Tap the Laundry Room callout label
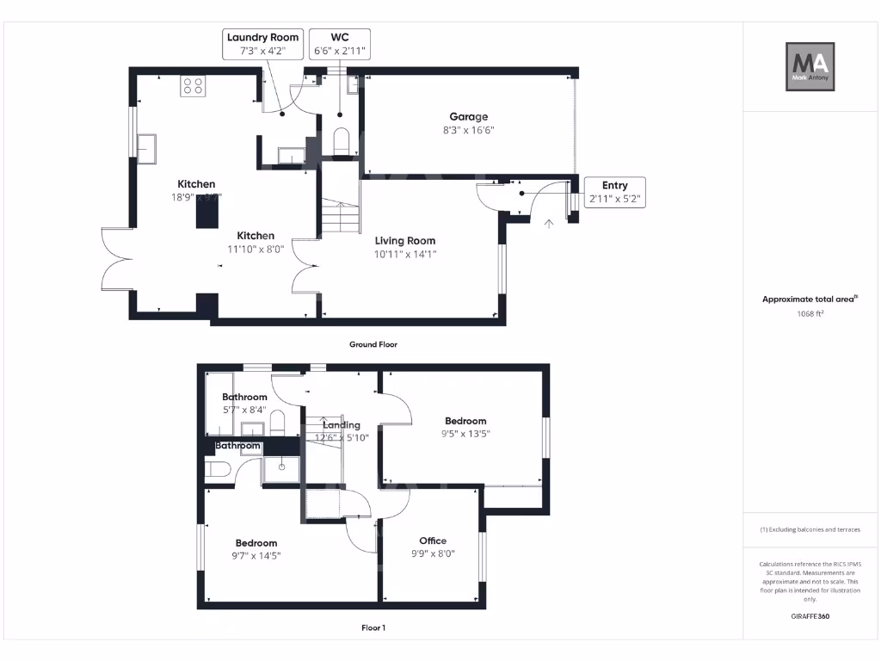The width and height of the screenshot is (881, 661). (262, 44)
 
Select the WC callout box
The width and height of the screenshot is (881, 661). (340, 44)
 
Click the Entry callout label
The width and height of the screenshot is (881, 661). (614, 192)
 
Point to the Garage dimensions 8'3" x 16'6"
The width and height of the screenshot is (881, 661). (468, 130)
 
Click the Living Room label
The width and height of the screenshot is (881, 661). (404, 241)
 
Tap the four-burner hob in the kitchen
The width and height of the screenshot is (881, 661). (192, 86)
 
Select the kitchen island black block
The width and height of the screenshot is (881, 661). (207, 211)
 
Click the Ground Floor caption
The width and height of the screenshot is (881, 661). (373, 344)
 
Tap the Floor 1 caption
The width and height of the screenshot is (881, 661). (373, 628)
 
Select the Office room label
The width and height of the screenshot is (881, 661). (432, 541)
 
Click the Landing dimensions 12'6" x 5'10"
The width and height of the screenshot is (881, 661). (341, 437)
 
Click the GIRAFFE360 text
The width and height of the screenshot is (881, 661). (810, 616)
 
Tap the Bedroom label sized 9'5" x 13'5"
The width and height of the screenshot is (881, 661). (465, 421)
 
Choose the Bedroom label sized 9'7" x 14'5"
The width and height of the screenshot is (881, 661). (256, 543)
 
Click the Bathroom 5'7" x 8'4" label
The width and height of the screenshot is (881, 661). (244, 397)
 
